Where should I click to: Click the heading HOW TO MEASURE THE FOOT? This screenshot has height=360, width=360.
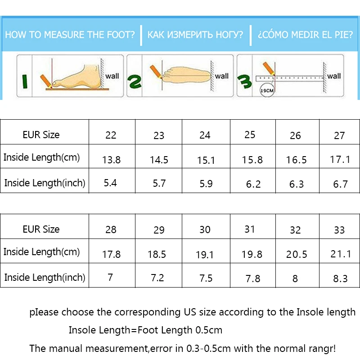tap(70, 35)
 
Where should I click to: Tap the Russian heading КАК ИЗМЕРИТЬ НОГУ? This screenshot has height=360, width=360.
tap(196, 35)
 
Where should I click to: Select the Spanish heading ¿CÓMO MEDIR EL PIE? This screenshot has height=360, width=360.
tap(306, 35)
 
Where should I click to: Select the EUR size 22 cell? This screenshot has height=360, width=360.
tap(111, 135)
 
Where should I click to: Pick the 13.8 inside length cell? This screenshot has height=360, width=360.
tap(111, 160)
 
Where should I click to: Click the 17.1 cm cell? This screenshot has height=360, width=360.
tap(340, 160)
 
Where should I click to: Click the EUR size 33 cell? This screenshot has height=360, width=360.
tap(339, 230)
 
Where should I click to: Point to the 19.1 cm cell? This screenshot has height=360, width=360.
tap(205, 255)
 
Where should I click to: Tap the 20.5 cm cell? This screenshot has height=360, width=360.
tap(297, 255)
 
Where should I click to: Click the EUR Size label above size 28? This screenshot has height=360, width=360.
tap(41, 229)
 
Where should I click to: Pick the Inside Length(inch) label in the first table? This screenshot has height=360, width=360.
tap(45, 183)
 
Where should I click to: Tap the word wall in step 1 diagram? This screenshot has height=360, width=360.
tap(112, 76)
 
